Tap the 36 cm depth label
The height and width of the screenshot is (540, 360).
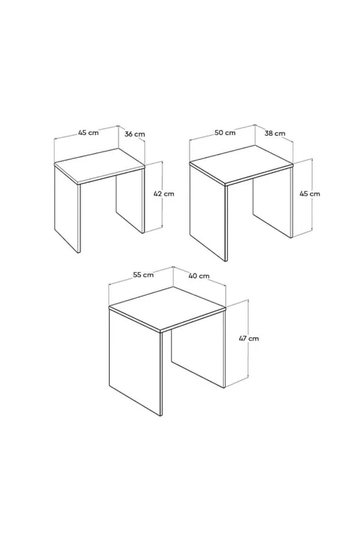(x=134, y=134)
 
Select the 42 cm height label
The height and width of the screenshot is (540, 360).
(x=164, y=194)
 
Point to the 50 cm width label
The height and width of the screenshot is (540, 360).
(x=225, y=133)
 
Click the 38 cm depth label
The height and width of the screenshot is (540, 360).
(x=274, y=134)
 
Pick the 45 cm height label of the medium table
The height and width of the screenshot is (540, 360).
(x=310, y=194)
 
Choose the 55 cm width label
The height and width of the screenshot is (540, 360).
(x=143, y=275)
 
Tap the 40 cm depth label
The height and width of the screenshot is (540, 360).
(x=199, y=276)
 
